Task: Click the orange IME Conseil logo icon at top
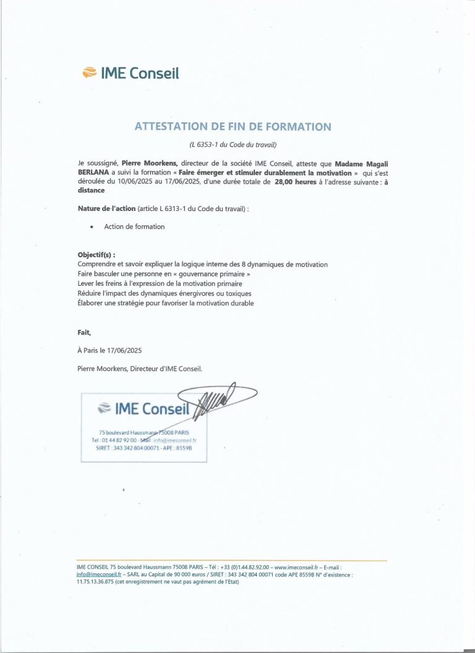(89, 74)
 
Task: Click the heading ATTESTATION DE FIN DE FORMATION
(233, 127)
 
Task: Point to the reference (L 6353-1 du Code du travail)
(233, 145)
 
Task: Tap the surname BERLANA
(93, 173)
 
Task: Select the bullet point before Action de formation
(92, 227)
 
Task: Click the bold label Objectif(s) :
(96, 255)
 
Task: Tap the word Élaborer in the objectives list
(93, 303)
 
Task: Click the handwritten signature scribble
(216, 399)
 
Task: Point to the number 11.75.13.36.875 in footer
(95, 582)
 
